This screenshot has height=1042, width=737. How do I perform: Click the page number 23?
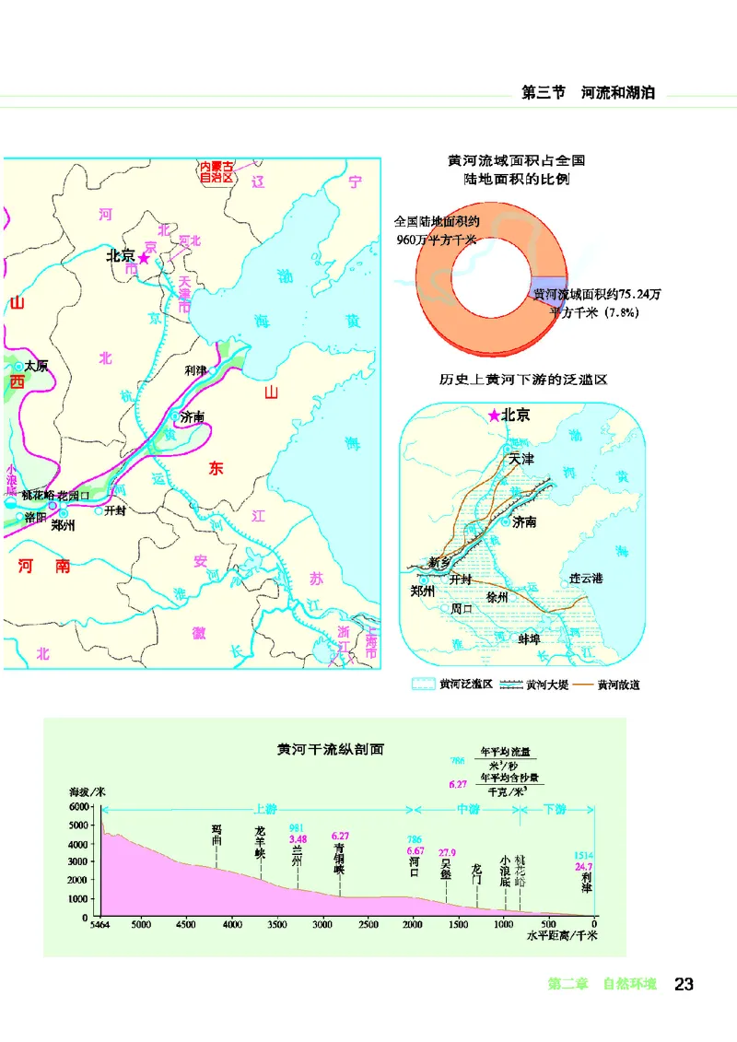(684, 984)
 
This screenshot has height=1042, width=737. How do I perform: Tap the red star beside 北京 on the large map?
(143, 255)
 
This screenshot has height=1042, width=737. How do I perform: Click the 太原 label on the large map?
(36, 366)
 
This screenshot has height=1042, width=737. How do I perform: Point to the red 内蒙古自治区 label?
(217, 172)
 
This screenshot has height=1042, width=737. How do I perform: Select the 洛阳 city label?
(36, 518)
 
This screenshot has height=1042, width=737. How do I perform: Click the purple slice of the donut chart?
(545, 287)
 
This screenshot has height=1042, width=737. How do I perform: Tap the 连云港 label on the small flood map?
(586, 579)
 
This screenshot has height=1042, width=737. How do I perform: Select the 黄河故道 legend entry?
(617, 685)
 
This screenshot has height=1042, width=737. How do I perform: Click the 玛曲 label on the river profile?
(217, 835)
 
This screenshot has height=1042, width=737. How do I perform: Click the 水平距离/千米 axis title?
(562, 936)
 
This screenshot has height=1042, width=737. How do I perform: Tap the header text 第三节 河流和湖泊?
(588, 93)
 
